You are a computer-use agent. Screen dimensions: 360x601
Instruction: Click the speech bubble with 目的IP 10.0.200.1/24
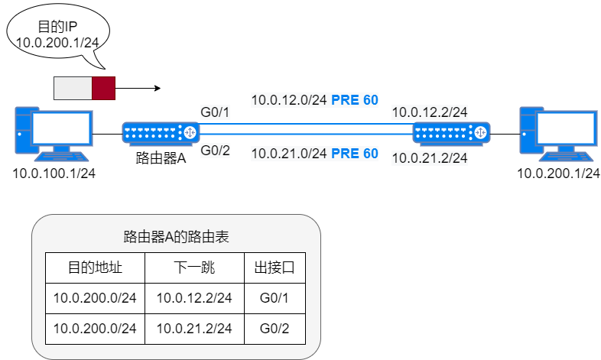click(x=58, y=35)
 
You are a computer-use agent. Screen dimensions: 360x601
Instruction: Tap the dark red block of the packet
click(x=104, y=88)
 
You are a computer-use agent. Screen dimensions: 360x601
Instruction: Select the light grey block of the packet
click(x=73, y=88)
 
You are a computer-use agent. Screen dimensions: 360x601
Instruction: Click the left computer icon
click(x=54, y=135)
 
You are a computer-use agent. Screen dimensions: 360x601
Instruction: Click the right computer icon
click(x=556, y=135)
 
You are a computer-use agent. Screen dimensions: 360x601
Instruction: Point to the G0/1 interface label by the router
click(x=215, y=113)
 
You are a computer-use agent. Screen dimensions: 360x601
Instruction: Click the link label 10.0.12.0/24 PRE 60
click(x=315, y=99)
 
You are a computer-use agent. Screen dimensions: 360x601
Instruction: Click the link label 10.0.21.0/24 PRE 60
click(x=315, y=154)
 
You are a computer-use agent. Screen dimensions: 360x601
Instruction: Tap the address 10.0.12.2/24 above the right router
click(x=429, y=113)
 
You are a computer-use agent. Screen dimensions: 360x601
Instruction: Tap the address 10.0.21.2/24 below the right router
click(x=429, y=158)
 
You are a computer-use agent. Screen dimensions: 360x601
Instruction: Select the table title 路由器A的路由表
click(x=176, y=237)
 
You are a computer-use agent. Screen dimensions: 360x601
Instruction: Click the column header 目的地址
click(x=95, y=268)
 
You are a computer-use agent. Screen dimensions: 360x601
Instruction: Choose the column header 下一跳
click(x=195, y=268)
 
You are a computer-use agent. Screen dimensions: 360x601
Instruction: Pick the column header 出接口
click(x=275, y=268)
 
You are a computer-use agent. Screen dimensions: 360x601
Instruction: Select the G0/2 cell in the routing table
click(x=275, y=329)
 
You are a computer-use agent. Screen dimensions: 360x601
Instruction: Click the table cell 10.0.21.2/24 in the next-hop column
click(x=195, y=329)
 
